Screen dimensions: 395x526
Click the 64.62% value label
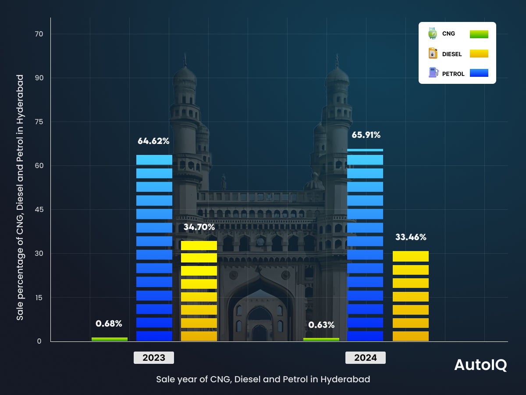tap(153, 141)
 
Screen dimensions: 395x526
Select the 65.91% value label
tap(366, 135)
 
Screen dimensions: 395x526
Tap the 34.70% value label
tap(199, 227)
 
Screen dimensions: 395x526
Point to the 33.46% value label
tap(411, 237)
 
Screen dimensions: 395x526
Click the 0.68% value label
tap(109, 323)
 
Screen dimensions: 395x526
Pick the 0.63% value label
tap(321, 325)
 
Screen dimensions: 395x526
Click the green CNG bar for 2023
tap(110, 339)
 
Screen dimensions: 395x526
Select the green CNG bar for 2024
tap(321, 339)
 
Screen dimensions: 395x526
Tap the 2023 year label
tap(154, 358)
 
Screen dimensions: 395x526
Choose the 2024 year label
tap(366, 358)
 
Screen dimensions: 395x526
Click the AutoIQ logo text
tap(480, 365)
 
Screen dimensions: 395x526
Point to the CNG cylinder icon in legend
tap(433, 33)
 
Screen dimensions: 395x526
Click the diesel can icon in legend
tap(433, 54)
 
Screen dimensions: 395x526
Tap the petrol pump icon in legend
tap(433, 73)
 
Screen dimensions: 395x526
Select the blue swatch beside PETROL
tap(479, 73)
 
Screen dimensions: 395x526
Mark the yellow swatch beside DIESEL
tap(479, 54)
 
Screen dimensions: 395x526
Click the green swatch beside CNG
tap(479, 34)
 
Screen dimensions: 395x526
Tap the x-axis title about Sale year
tap(263, 379)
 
